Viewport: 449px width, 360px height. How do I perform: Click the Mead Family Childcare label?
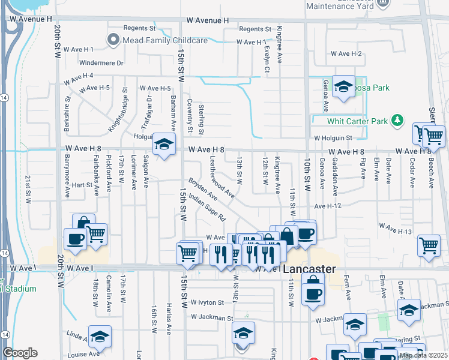(x=165, y=40)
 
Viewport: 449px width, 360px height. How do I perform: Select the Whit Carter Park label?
(x=358, y=121)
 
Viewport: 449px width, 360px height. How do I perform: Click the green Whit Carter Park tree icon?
(x=396, y=121)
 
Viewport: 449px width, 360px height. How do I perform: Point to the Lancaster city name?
(x=309, y=269)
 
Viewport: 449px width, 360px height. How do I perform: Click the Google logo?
(x=20, y=353)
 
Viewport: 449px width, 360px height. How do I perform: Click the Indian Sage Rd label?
(x=206, y=206)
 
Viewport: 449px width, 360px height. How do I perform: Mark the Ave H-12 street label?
(x=327, y=206)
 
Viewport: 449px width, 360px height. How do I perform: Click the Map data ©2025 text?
(x=423, y=355)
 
